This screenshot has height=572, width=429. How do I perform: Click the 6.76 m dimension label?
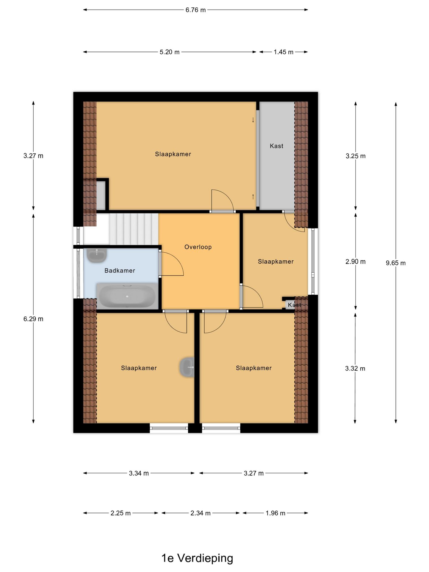coord(195,10)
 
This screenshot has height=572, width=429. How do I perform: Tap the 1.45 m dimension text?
coord(283,52)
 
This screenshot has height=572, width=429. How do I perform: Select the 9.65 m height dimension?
coord(396,263)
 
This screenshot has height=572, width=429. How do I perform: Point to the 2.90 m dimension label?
coord(355,262)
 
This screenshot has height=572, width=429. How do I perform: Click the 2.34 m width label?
coord(200,513)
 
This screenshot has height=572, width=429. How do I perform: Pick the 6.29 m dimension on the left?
coord(33,319)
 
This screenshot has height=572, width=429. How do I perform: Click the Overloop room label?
coord(198,247)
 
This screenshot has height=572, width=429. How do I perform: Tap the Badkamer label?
coord(120,271)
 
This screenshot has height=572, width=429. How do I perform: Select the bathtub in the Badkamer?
coord(127,296)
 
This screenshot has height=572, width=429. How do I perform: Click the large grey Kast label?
coord(276,146)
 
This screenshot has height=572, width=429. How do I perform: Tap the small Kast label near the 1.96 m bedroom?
coord(294,305)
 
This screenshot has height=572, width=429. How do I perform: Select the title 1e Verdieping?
coord(197,558)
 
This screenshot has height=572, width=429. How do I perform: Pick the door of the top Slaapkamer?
coord(222,200)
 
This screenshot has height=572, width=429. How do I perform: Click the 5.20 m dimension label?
coord(170,52)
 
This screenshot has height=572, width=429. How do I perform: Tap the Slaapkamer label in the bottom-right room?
coord(254,368)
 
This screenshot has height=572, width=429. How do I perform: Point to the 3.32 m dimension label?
coord(355,369)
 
